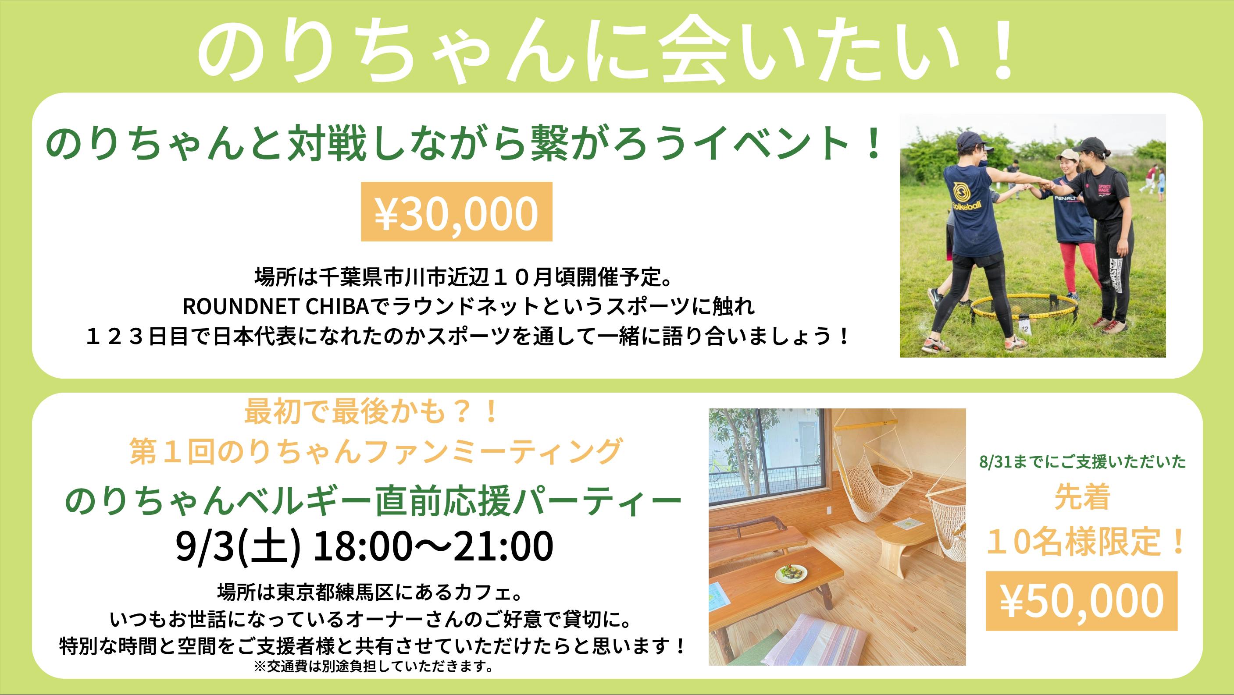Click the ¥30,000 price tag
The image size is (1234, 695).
pyautogui.click(x=457, y=212)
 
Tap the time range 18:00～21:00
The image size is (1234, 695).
pyautogui.click(x=432, y=547)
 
